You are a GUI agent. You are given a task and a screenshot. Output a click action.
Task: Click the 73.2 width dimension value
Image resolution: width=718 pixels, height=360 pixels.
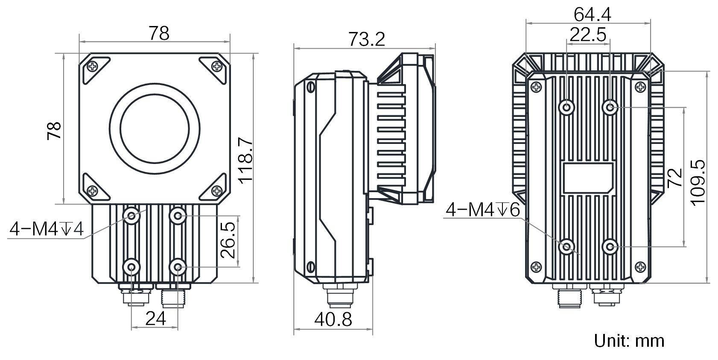[x=366, y=39]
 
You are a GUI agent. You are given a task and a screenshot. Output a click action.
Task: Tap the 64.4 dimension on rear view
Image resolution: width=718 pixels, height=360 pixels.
[x=592, y=15]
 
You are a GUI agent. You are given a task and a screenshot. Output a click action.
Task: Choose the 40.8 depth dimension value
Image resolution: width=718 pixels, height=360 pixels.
[x=333, y=319]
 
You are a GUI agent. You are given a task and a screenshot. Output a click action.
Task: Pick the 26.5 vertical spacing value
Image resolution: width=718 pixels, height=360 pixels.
[x=228, y=242]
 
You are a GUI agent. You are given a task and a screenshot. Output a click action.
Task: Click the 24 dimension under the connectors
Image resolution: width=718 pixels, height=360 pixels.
[x=155, y=318]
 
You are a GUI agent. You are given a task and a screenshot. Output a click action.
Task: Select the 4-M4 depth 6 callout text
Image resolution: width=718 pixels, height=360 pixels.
[x=482, y=210]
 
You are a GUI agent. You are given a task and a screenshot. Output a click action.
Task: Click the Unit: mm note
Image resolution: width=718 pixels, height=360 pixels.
[x=629, y=340]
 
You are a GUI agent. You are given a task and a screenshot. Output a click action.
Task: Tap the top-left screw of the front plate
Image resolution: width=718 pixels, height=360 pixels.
[x=93, y=66]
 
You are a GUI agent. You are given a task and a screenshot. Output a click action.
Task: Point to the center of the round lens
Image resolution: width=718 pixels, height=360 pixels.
[x=155, y=128]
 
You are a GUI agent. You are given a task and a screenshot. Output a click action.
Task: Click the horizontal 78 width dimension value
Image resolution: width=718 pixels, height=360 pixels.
[x=159, y=33]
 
